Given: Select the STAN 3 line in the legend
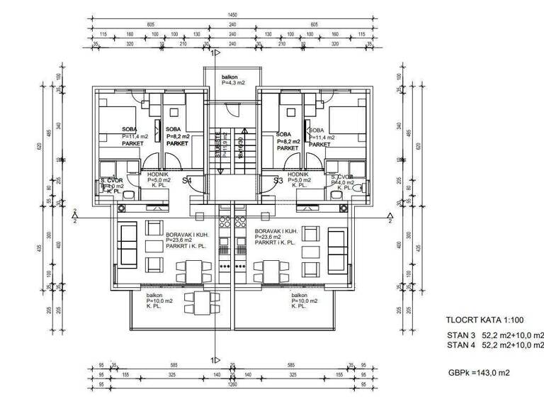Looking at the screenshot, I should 495,335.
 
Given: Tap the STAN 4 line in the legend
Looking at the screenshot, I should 495,345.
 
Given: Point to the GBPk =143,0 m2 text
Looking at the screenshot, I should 478,372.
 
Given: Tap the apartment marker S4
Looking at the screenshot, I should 188,181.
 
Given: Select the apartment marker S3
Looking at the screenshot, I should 278,181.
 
